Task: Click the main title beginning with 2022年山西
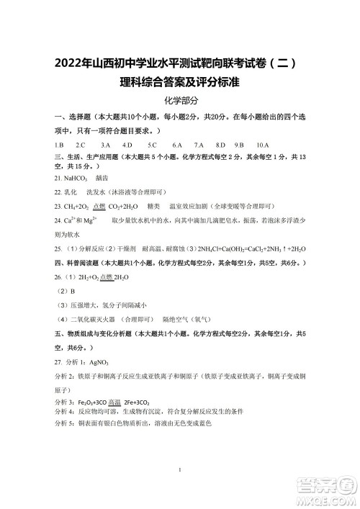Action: pos(179,63)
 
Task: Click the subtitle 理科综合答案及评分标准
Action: pos(179,83)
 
